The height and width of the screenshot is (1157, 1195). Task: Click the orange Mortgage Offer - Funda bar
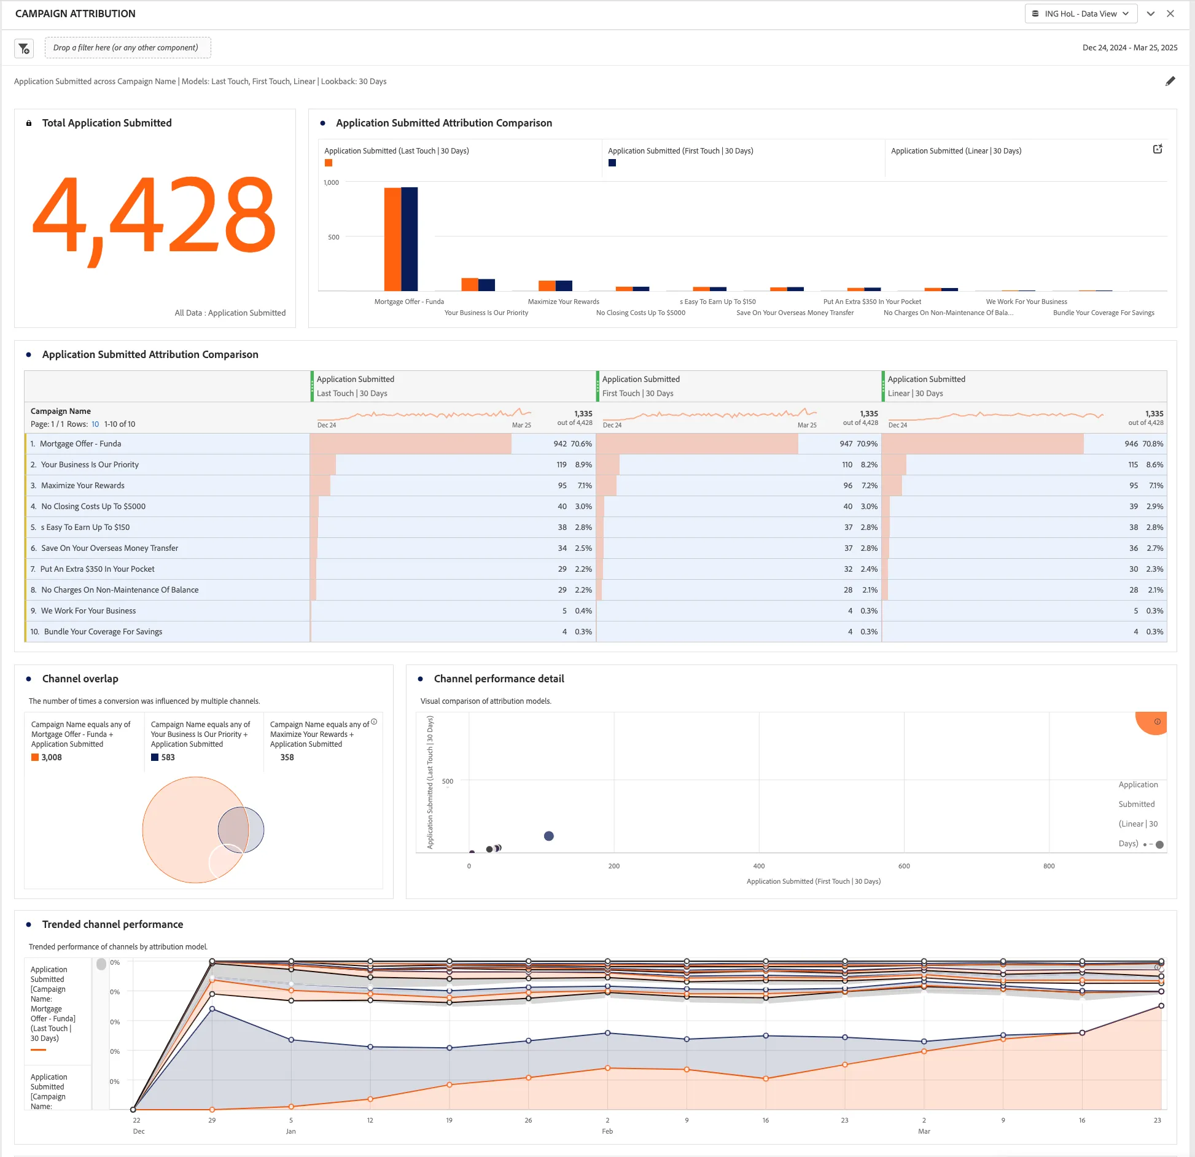click(392, 239)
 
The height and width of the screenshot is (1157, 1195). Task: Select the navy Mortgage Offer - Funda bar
click(409, 239)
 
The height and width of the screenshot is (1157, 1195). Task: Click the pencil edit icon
click(1170, 81)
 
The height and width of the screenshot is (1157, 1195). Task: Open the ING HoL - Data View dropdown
click(1081, 14)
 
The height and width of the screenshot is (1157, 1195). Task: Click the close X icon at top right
click(1170, 14)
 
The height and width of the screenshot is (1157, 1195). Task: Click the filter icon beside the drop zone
click(24, 48)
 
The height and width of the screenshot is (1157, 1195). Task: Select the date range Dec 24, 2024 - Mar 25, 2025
click(1130, 48)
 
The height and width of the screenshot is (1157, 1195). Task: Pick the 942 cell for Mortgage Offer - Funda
click(560, 444)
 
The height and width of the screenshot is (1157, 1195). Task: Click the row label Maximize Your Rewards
click(82, 486)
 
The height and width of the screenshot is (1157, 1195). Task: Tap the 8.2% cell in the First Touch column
click(869, 465)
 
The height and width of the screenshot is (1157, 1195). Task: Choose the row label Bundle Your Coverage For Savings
click(103, 632)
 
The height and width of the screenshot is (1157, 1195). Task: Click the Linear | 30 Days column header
click(915, 394)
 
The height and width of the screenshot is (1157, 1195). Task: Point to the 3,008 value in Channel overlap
click(52, 758)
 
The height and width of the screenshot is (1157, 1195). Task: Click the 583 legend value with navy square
click(168, 758)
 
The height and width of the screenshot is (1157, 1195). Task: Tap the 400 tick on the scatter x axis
click(759, 867)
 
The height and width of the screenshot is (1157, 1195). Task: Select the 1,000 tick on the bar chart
click(331, 183)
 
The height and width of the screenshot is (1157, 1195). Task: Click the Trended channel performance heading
click(112, 925)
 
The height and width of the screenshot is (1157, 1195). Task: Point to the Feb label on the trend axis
click(607, 1132)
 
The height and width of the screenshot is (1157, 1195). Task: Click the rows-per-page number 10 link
click(95, 424)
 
